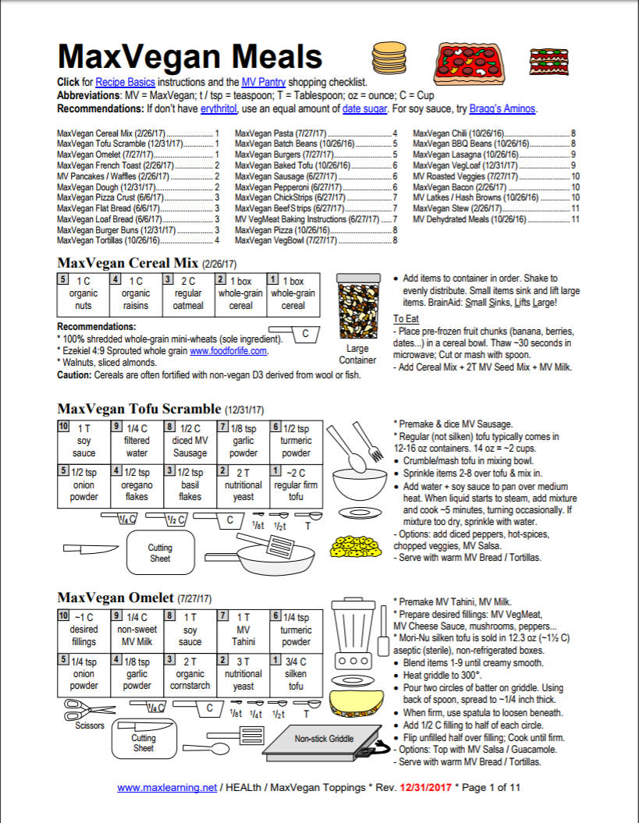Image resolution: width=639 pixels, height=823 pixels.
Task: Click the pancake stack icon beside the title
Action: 383,57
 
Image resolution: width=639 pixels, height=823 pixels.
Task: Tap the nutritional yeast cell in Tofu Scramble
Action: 242,485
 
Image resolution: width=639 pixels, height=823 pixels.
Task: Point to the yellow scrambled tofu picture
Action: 353,545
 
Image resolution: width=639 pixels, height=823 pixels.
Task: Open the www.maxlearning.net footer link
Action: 167,788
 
